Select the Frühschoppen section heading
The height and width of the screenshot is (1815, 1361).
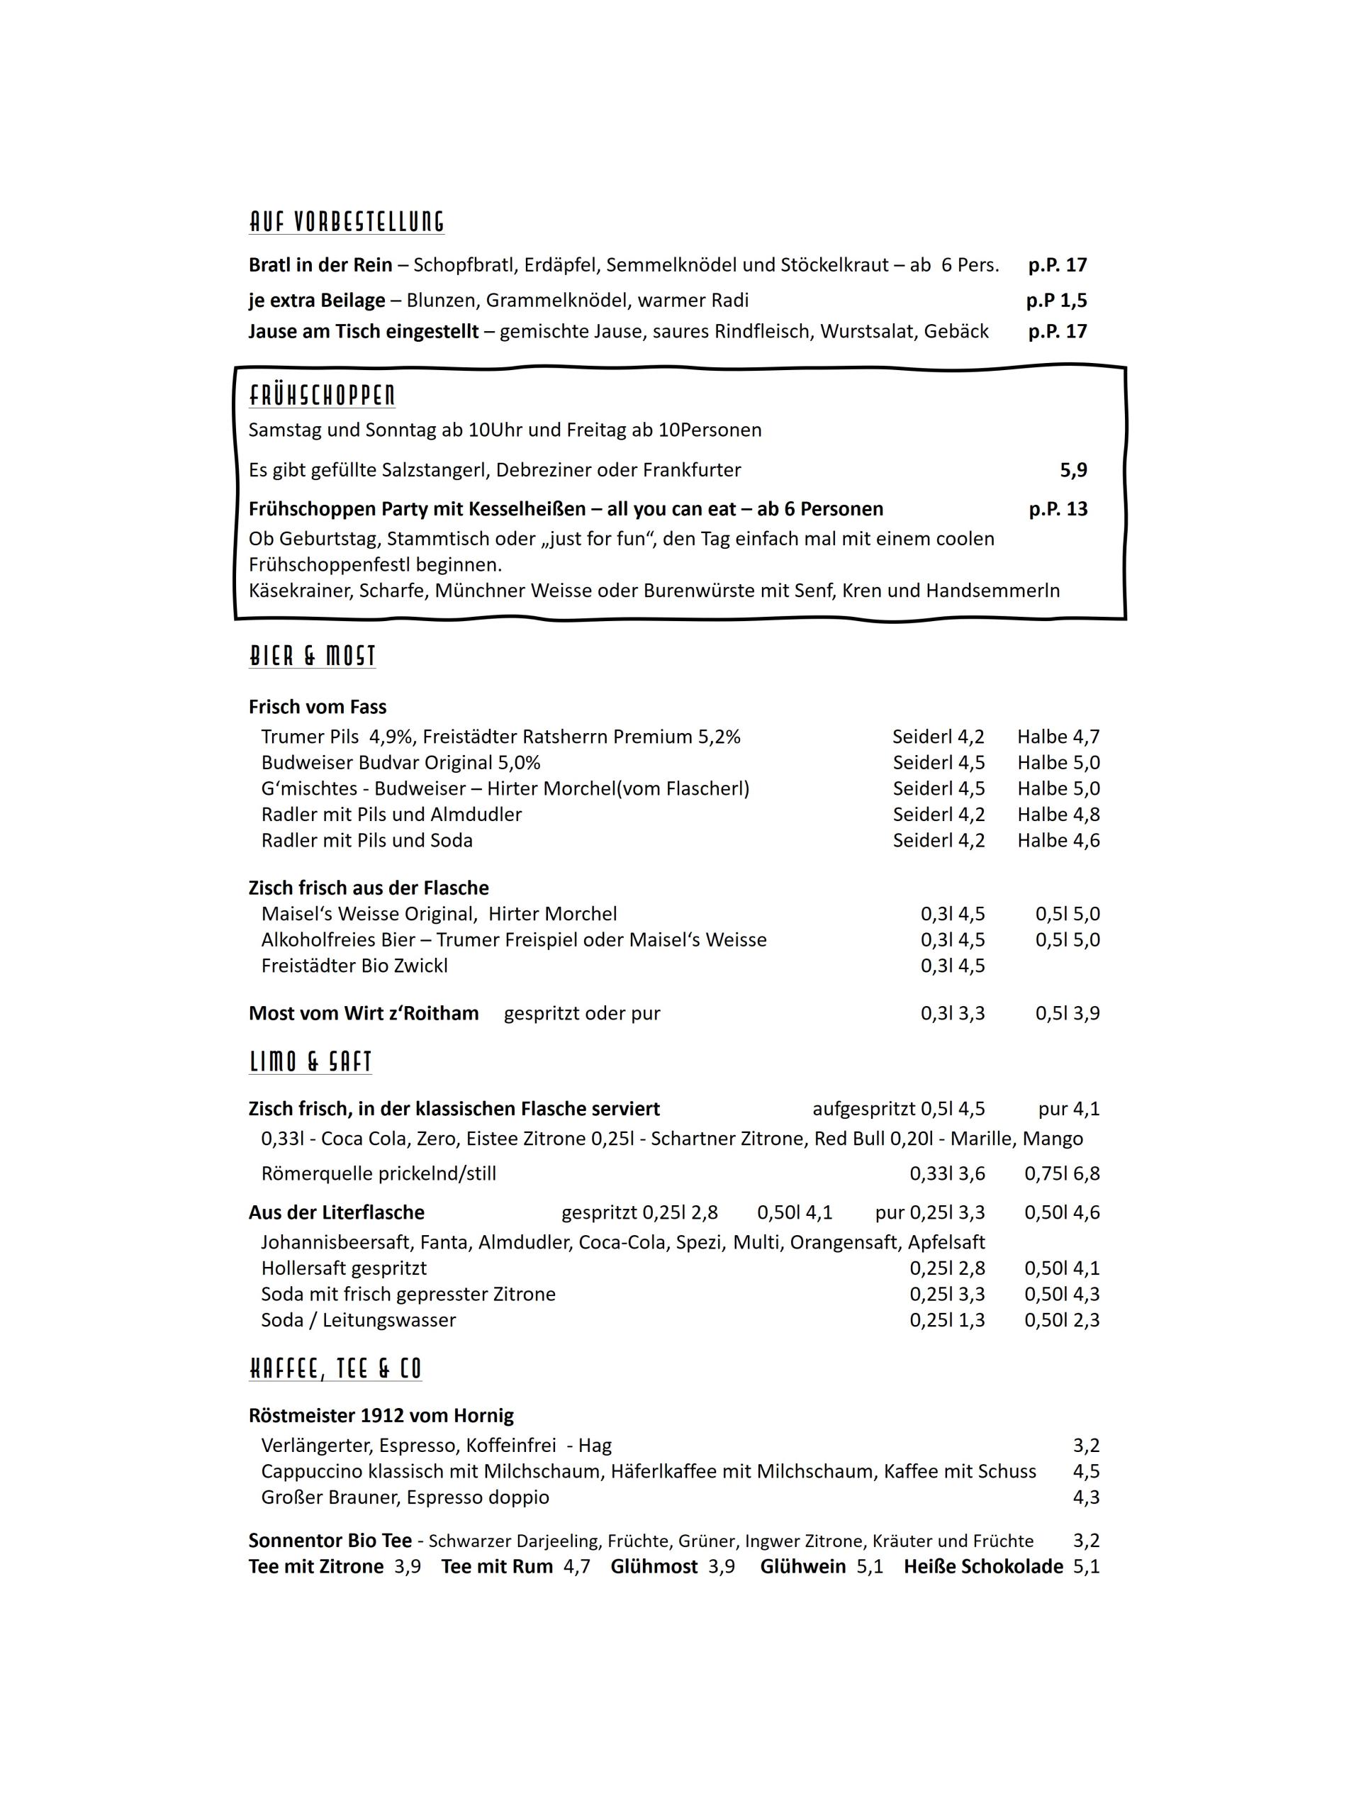pyautogui.click(x=322, y=396)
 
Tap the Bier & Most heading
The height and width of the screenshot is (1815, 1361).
pyautogui.click(x=312, y=656)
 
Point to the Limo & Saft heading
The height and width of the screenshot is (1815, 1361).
pyautogui.click(x=310, y=1062)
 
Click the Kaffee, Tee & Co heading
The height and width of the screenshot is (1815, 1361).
pyautogui.click(x=335, y=1368)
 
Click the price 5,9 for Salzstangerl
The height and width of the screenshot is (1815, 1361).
pyautogui.click(x=1073, y=470)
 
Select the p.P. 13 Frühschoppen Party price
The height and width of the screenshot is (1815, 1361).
pyautogui.click(x=1058, y=509)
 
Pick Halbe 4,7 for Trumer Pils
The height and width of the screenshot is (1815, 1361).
pyautogui.click(x=1058, y=737)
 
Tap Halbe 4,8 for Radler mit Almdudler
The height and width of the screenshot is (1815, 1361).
pyautogui.click(x=1058, y=815)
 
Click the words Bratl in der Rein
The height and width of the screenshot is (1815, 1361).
pyautogui.click(x=320, y=265)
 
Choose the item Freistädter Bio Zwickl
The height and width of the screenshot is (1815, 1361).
pyautogui.click(x=354, y=966)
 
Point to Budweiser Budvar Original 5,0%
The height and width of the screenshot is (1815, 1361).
pyautogui.click(x=401, y=763)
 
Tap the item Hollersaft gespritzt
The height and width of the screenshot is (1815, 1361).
pyautogui.click(x=344, y=1268)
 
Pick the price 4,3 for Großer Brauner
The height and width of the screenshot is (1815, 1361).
pyautogui.click(x=1085, y=1497)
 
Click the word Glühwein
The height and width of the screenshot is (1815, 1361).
pyautogui.click(x=802, y=1566)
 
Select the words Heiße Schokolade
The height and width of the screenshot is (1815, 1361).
pyautogui.click(x=982, y=1566)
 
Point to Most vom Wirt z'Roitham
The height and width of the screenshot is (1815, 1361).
pyautogui.click(x=364, y=1013)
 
